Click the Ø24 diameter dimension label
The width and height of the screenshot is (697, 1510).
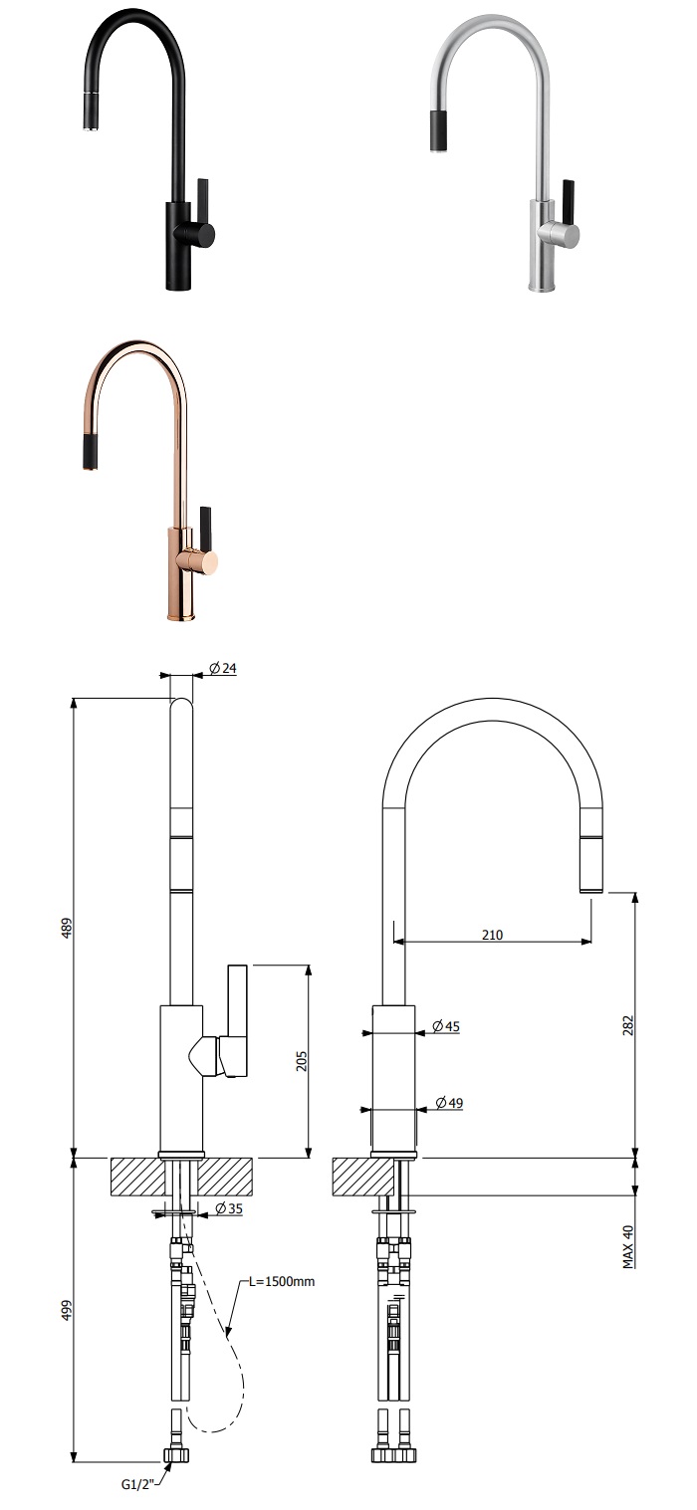click(223, 669)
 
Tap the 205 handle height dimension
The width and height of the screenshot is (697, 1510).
click(302, 1061)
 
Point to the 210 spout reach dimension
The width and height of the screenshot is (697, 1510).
click(492, 934)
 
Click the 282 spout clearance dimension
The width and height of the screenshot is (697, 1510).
click(627, 1025)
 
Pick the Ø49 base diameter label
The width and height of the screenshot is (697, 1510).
click(449, 1103)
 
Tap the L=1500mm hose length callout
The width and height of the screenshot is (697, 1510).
click(282, 1281)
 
